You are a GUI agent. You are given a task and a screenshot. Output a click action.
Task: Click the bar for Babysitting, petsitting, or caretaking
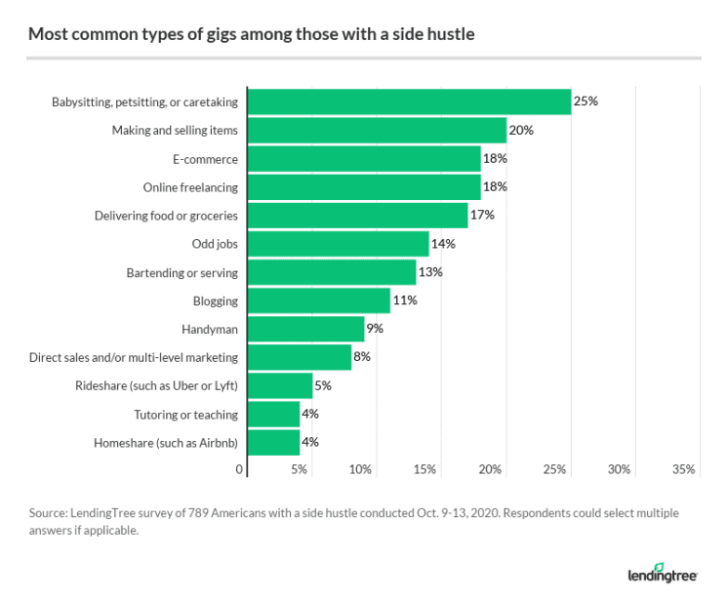pos(410,101)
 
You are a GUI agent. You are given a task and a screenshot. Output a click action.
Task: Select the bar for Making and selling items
pos(378,130)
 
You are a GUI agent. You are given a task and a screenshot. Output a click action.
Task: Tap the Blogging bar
pos(319,300)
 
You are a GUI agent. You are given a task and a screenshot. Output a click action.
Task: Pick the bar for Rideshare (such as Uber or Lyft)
pos(281,385)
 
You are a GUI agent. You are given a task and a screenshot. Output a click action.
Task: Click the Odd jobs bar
pos(339,244)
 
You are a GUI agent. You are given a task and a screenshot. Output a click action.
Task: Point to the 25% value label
pos(586,101)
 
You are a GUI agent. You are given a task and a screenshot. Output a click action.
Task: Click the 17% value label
pos(482,216)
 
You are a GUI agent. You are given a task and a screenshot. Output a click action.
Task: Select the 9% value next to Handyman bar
pos(375,329)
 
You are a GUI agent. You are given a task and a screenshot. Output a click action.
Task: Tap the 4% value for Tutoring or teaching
pos(310,414)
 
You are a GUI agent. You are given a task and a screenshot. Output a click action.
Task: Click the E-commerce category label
pos(204,159)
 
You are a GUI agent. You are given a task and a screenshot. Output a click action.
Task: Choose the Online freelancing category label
pos(190,187)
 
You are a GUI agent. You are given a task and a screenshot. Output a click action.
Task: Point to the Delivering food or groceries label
pos(166,216)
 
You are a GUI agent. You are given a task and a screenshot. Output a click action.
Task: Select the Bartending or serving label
pos(182,272)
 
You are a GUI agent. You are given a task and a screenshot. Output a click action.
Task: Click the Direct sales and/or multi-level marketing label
pos(134,357)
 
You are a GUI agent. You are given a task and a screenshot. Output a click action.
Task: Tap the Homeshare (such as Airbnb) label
pos(166,442)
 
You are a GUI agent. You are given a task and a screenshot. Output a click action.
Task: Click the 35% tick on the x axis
pos(683,469)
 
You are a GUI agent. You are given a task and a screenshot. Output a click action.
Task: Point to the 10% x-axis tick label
pos(360,469)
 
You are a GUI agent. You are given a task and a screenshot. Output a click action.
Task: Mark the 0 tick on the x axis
pos(240,469)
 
